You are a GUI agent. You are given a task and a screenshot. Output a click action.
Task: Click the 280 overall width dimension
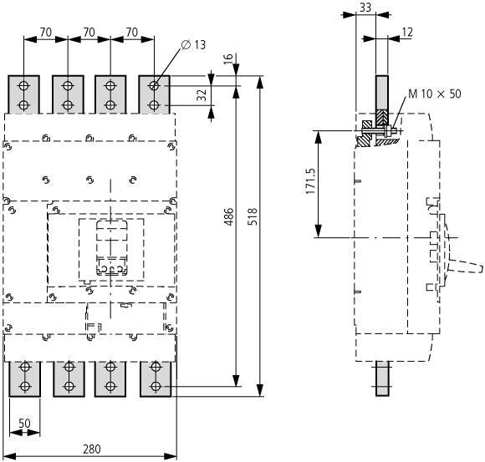[92, 449]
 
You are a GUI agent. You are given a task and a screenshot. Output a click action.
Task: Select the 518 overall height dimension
[253, 216]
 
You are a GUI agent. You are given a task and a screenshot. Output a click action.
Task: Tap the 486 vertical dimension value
[229, 216]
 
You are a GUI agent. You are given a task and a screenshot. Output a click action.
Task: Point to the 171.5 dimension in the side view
[310, 181]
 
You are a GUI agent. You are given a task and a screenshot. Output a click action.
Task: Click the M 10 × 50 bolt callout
[435, 94]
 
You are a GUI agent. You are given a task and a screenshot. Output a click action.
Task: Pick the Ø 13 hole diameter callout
[193, 45]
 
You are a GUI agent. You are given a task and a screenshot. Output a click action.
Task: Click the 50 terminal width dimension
[24, 423]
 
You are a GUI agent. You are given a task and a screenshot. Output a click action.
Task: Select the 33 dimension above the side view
[365, 8]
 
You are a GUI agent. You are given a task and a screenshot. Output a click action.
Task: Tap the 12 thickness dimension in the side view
[407, 32]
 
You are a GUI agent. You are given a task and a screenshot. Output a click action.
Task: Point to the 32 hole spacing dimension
[202, 95]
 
